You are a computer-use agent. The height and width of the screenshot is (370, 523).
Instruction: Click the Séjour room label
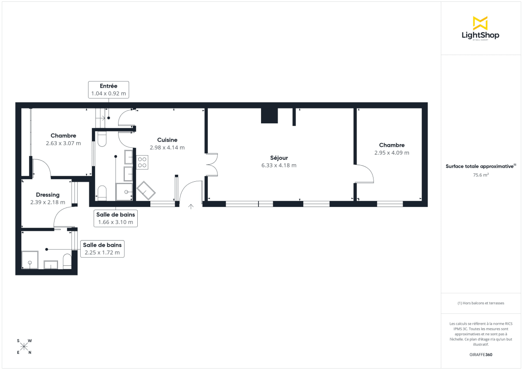[278, 158]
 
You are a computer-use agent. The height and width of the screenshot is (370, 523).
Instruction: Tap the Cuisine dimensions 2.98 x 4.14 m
[167, 148]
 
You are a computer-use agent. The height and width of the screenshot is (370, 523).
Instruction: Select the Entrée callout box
[109, 89]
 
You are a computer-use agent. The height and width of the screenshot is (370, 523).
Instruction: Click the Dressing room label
[48, 195]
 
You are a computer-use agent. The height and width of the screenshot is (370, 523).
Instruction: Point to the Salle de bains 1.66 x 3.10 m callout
[115, 218]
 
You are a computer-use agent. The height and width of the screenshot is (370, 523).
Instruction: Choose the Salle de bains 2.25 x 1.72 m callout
[102, 248]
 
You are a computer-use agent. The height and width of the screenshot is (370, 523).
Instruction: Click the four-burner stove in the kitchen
[142, 163]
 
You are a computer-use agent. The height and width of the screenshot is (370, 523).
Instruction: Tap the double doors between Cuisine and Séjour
[212, 164]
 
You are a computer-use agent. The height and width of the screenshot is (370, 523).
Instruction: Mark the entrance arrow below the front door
[191, 206]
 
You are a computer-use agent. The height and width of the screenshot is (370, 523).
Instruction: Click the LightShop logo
[480, 28]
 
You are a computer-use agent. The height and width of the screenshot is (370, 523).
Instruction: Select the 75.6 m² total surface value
[480, 175]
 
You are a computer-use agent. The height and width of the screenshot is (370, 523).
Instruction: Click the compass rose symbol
[24, 346]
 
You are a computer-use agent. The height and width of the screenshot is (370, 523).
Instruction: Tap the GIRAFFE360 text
[480, 355]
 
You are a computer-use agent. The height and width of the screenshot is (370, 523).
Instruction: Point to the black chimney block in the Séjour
[269, 116]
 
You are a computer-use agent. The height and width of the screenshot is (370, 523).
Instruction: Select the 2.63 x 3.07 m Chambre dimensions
[63, 143]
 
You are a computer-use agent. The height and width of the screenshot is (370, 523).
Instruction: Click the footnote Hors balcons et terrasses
[480, 303]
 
